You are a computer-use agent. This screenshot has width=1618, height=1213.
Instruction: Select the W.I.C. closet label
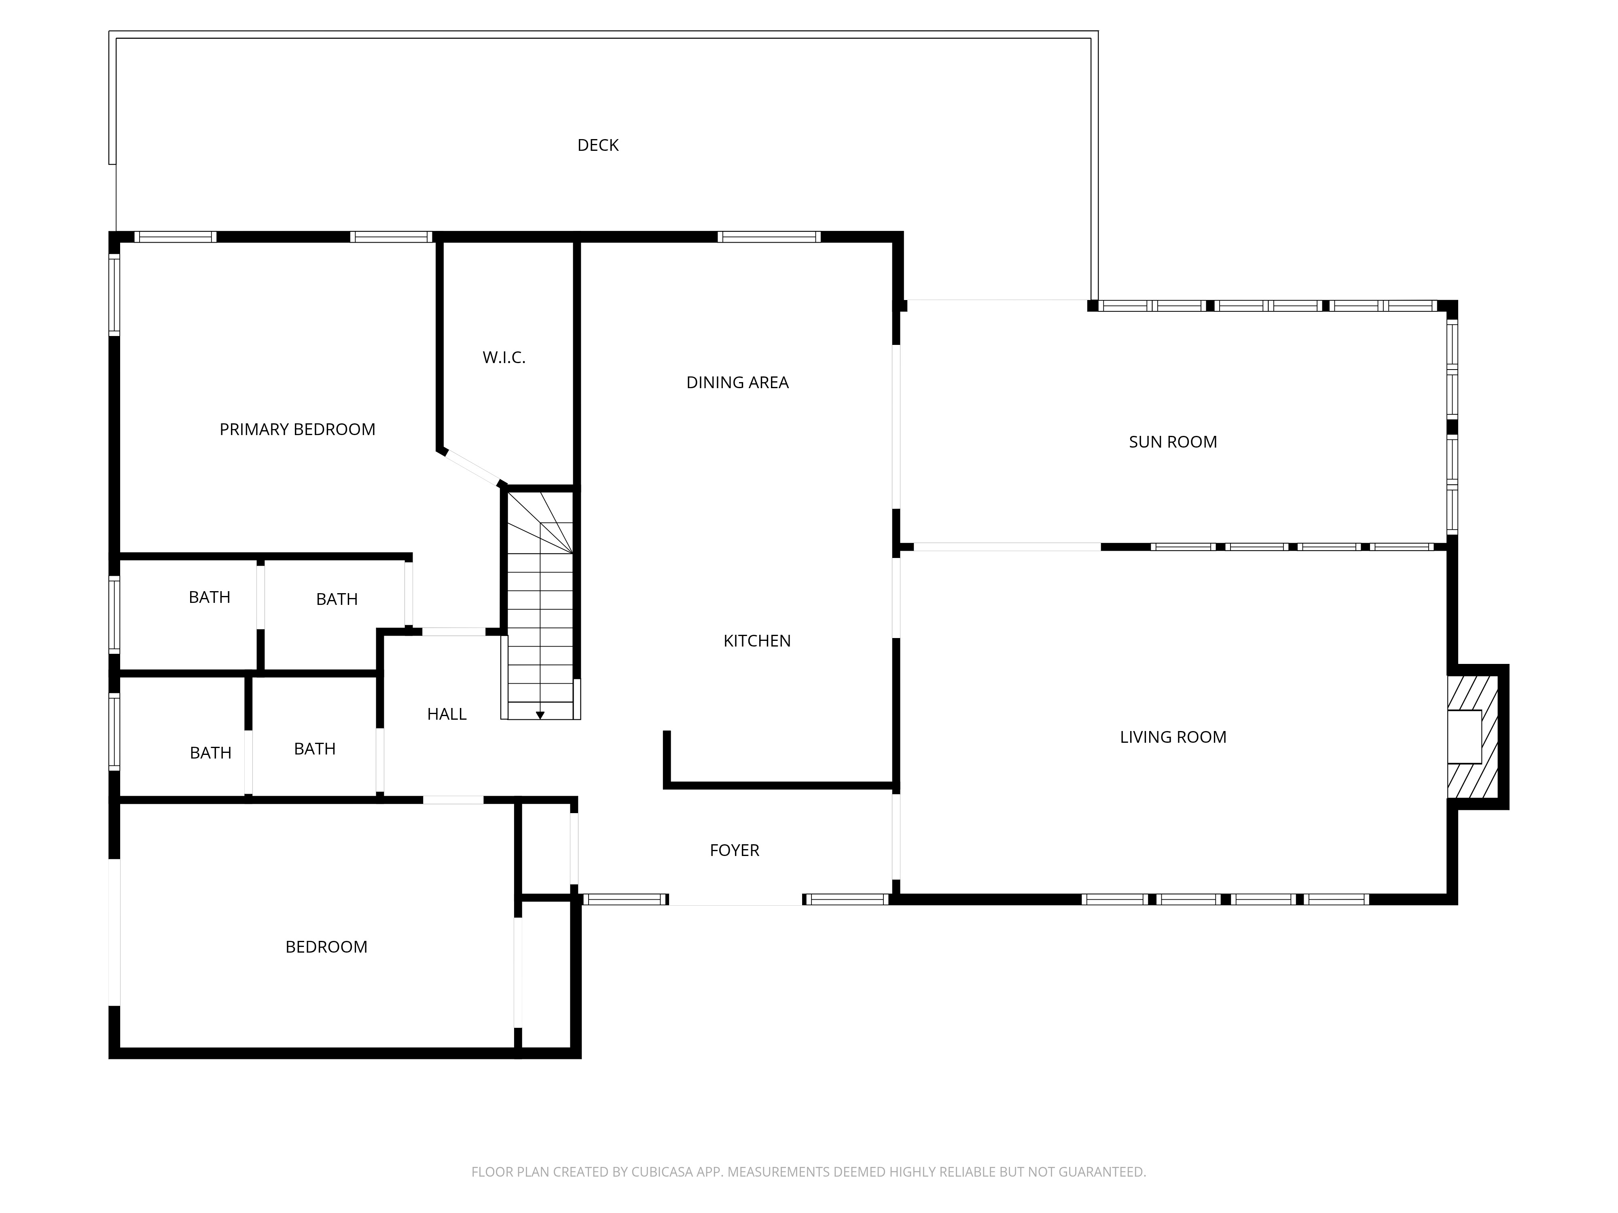[504, 357]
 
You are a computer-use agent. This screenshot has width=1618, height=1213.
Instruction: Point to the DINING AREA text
[737, 382]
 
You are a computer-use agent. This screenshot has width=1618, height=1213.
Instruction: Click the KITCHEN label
[757, 641]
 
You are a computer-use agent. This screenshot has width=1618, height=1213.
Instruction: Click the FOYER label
[735, 850]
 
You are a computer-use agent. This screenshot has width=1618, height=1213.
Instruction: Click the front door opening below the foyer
[735, 900]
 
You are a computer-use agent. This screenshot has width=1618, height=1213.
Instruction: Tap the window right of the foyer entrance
[846, 900]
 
